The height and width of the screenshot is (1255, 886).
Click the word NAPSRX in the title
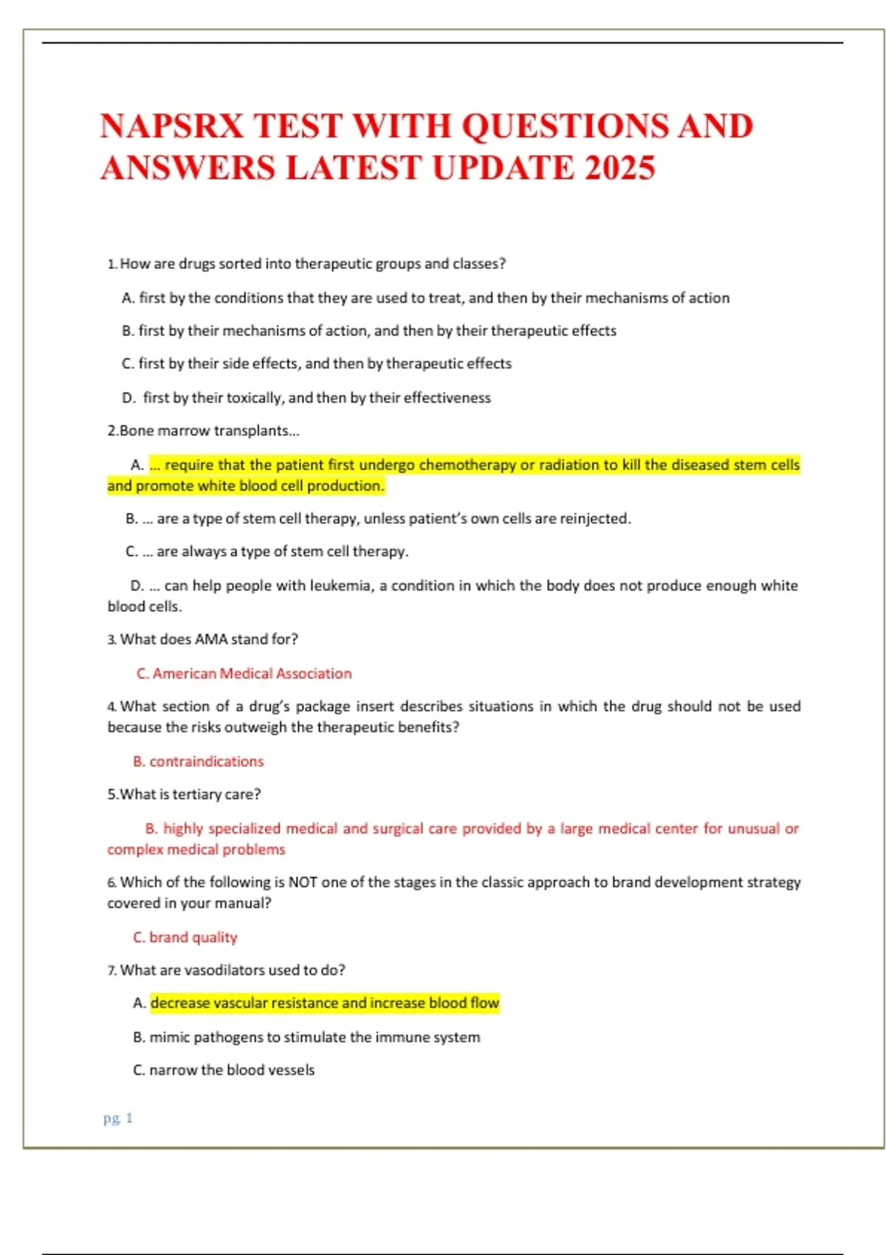click(171, 126)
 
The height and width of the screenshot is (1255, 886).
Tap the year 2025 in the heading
click(619, 168)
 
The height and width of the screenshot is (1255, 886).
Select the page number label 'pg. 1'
click(118, 1118)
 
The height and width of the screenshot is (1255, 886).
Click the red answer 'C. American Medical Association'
click(244, 673)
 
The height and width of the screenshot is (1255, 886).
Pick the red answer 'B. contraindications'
click(198, 761)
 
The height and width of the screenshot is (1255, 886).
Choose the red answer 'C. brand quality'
click(185, 937)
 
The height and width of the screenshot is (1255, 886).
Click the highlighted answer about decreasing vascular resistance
click(324, 1003)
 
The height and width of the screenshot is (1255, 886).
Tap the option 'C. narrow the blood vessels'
click(223, 1070)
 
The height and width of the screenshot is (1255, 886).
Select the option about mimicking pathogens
click(306, 1036)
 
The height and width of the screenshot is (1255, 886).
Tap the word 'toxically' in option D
click(254, 398)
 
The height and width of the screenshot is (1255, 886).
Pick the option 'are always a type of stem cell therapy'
click(282, 551)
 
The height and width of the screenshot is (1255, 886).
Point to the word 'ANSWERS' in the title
click(188, 168)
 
